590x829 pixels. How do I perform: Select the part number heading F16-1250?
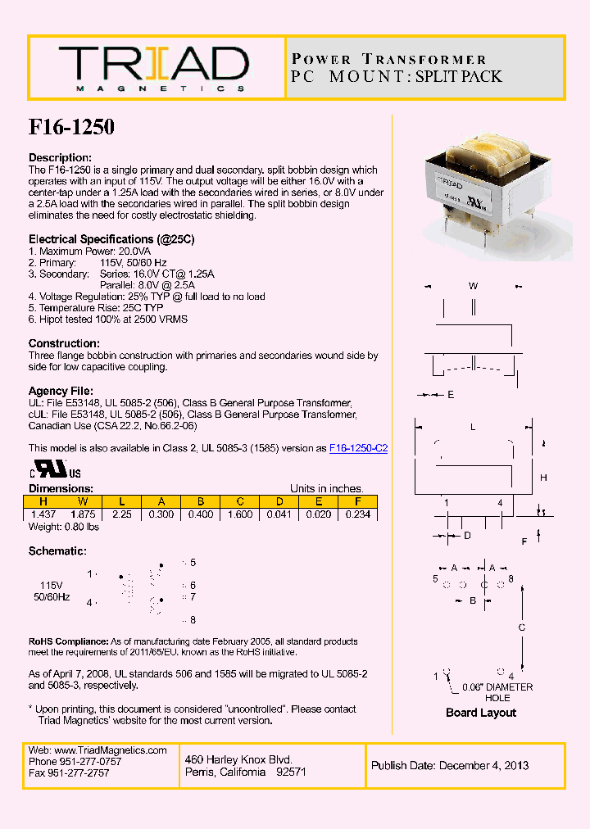coord(71,127)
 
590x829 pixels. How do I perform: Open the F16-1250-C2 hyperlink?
coord(358,448)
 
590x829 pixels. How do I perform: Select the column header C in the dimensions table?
coord(239,501)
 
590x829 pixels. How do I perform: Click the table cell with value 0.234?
coord(357,514)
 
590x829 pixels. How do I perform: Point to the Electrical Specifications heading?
coord(111,239)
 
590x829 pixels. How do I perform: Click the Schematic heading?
coord(57,551)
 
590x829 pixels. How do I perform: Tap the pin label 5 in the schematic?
coord(193,563)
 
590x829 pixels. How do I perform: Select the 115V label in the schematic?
coord(52,586)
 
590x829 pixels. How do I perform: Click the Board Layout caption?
coord(481,713)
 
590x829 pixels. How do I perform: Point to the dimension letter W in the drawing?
coord(473,286)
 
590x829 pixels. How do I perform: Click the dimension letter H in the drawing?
coord(542,478)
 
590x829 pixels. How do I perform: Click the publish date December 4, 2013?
coord(449,766)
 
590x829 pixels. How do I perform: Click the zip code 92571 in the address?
coord(291,772)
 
